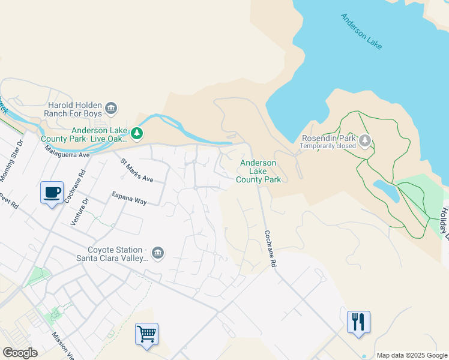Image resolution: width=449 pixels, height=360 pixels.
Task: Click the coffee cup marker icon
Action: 52,193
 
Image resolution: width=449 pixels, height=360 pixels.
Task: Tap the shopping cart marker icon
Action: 147,333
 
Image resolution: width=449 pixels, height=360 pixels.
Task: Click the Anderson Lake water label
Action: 361,32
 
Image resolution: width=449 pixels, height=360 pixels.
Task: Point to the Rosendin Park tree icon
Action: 366,141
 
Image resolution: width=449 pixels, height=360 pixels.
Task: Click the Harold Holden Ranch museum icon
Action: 111,109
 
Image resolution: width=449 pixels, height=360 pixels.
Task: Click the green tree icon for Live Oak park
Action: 137,134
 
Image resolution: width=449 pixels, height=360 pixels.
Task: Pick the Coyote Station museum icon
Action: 158,253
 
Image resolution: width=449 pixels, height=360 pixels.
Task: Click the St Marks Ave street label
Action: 137,170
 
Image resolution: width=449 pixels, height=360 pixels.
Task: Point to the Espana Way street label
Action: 130,198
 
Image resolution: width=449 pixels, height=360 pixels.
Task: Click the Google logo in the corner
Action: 20,353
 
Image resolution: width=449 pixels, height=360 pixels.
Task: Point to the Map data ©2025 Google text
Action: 411,355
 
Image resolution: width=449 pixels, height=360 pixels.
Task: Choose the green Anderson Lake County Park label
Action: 258,171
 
